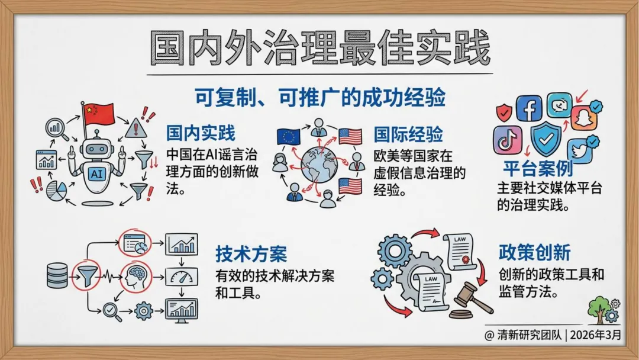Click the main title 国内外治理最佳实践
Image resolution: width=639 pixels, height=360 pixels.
click(319, 47)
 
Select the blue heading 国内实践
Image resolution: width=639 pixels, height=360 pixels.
click(201, 133)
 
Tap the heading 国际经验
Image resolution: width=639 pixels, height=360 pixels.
click(408, 134)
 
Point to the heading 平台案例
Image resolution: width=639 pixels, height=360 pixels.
click(538, 168)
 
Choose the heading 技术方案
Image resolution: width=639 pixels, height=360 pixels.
click(251, 253)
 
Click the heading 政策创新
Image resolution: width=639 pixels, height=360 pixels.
click(534, 252)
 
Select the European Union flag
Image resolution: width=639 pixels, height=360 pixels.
click(289, 137)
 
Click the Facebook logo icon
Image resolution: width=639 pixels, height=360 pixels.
click(529, 108)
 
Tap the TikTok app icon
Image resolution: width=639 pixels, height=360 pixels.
click(508, 140)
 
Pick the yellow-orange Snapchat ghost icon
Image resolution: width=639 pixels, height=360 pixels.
click(584, 117)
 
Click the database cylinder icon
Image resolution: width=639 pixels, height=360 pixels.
click(57, 275)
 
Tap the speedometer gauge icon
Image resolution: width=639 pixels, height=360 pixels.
click(181, 276)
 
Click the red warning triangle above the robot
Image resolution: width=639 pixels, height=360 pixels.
click(135, 127)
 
